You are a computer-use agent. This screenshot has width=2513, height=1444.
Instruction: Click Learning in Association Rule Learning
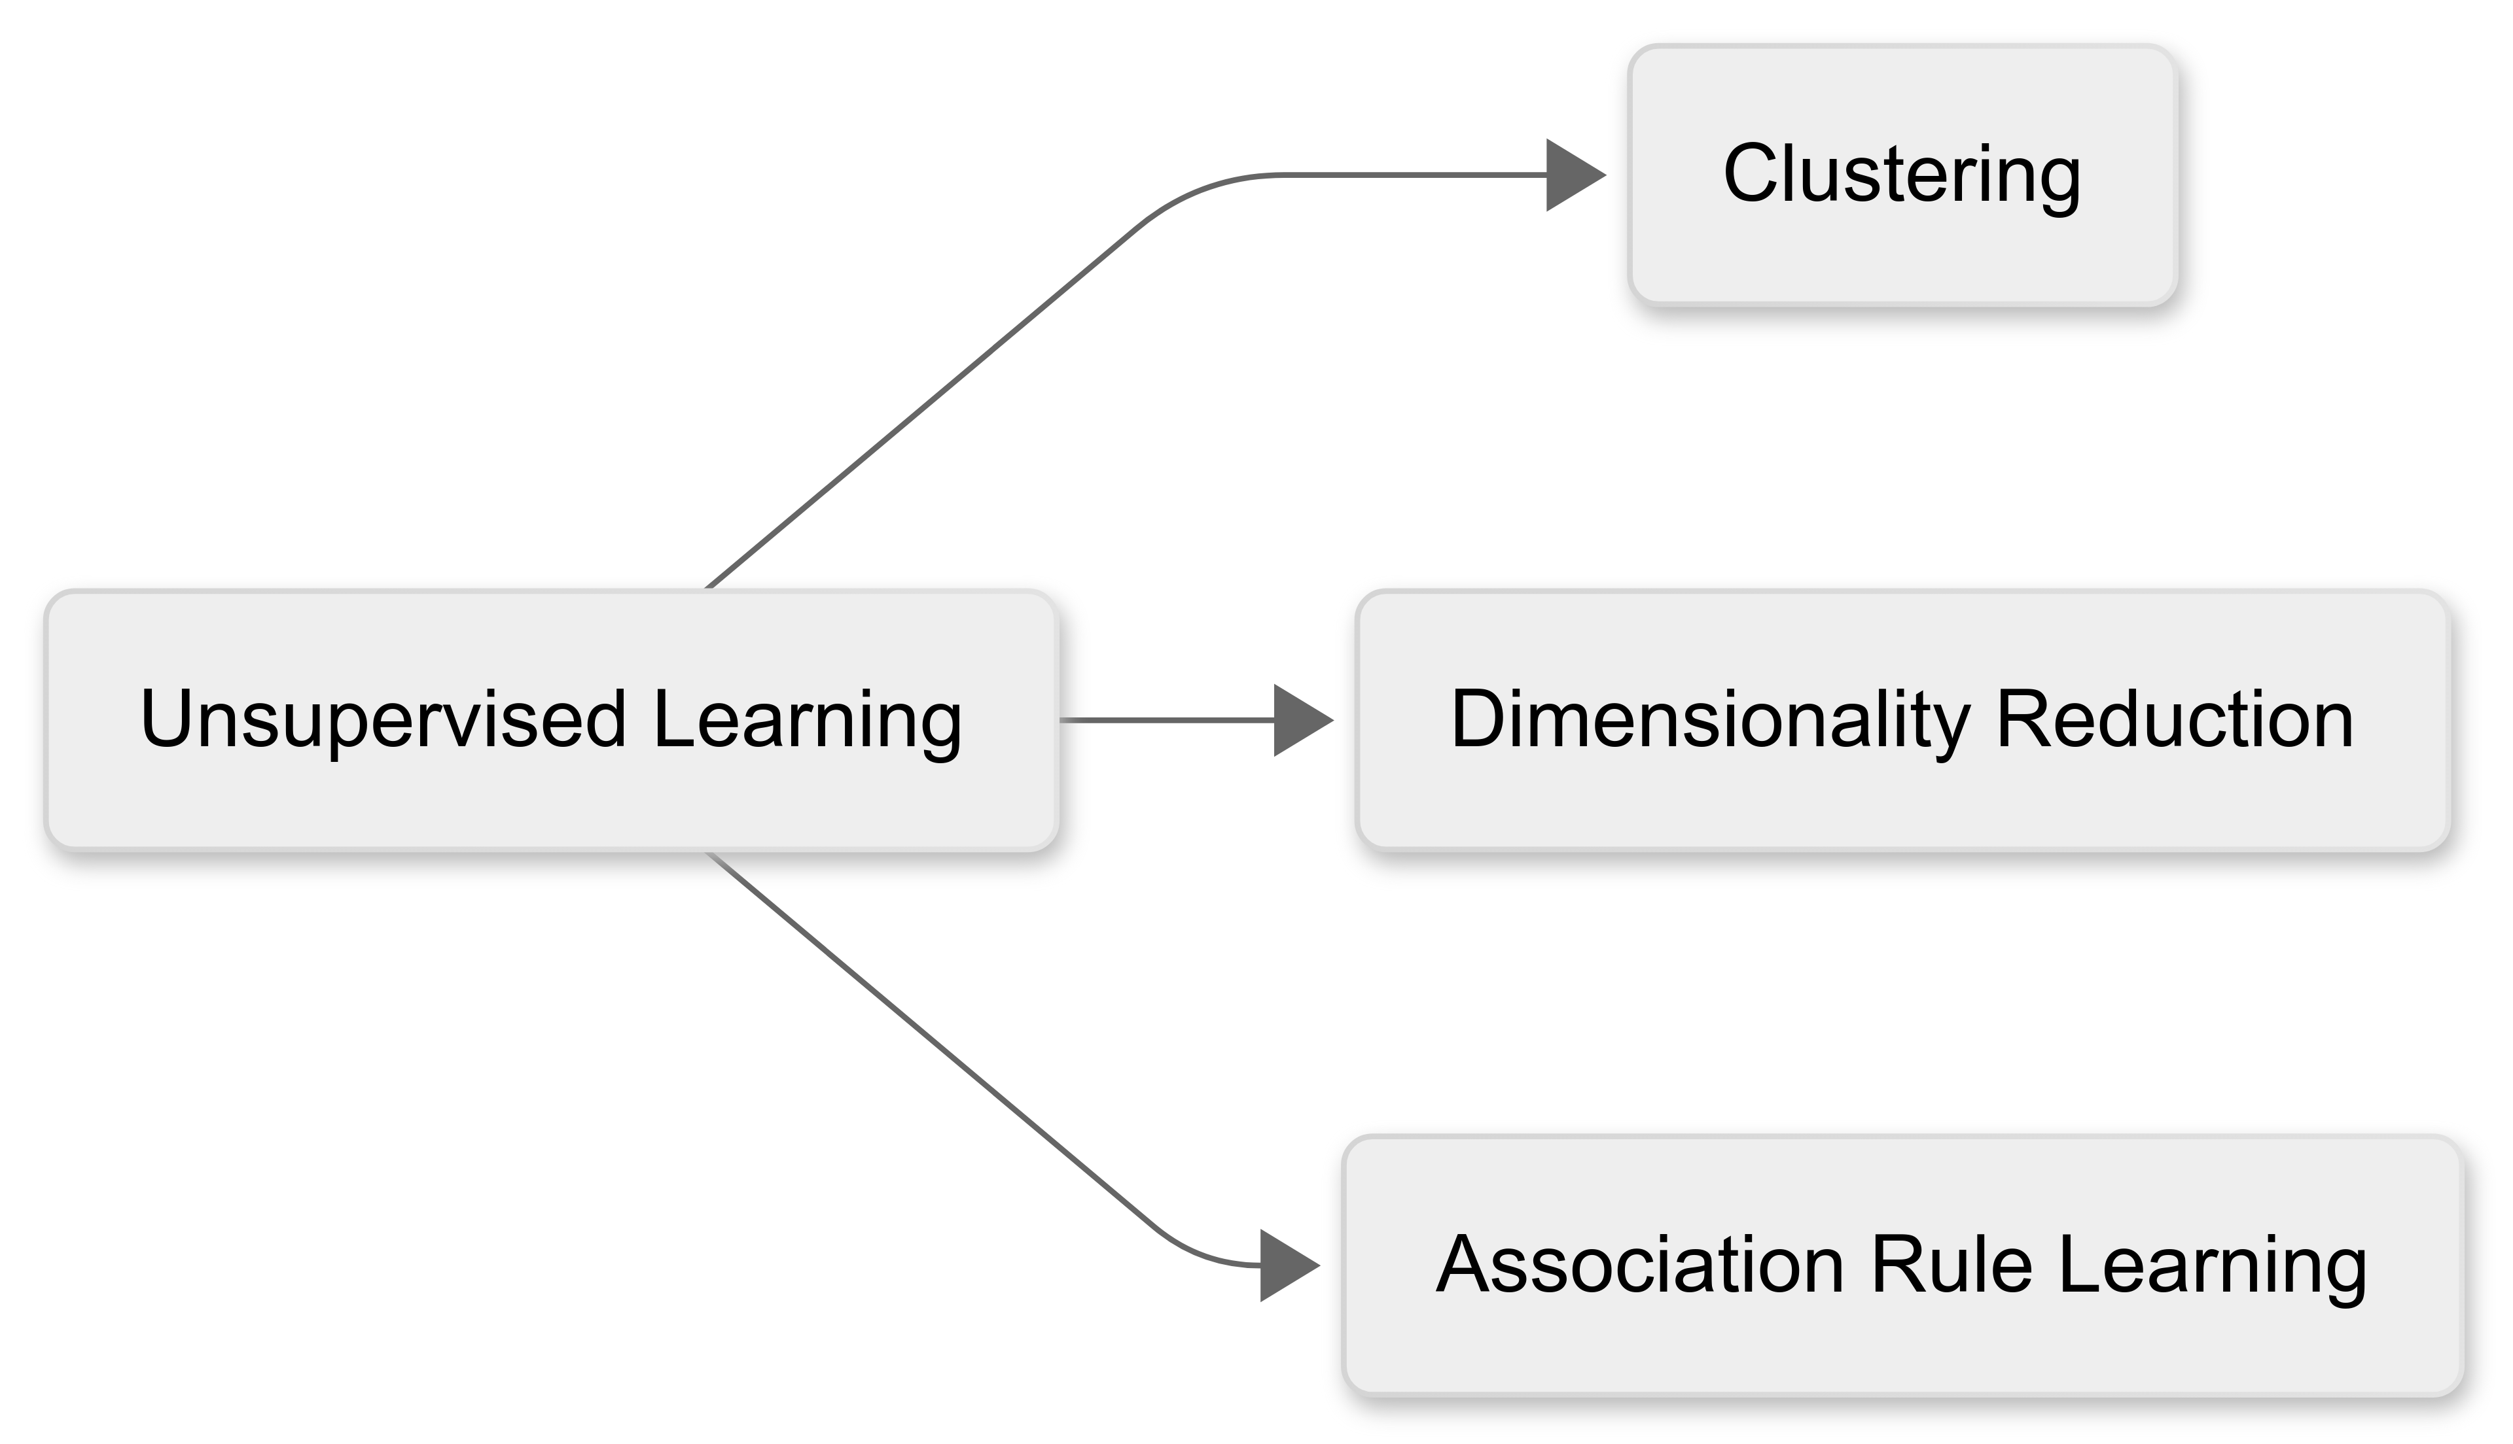[2213, 1265]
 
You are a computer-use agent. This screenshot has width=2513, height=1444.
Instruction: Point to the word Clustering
[1902, 175]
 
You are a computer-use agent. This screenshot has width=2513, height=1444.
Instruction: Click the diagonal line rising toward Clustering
[923, 407]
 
